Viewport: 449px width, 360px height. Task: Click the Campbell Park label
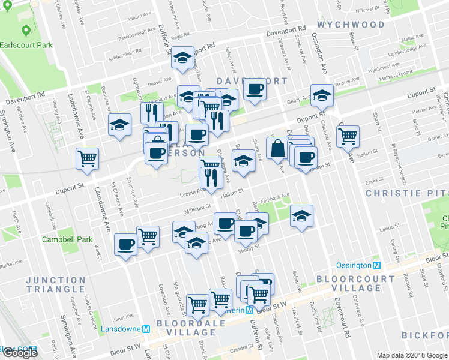pos(67,239)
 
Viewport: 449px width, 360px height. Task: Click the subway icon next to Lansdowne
pos(146,329)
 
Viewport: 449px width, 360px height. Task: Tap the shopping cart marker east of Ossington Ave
pos(348,136)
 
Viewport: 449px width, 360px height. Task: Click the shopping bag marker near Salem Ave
pos(277,148)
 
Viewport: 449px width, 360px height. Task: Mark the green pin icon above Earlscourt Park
pos(25,30)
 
